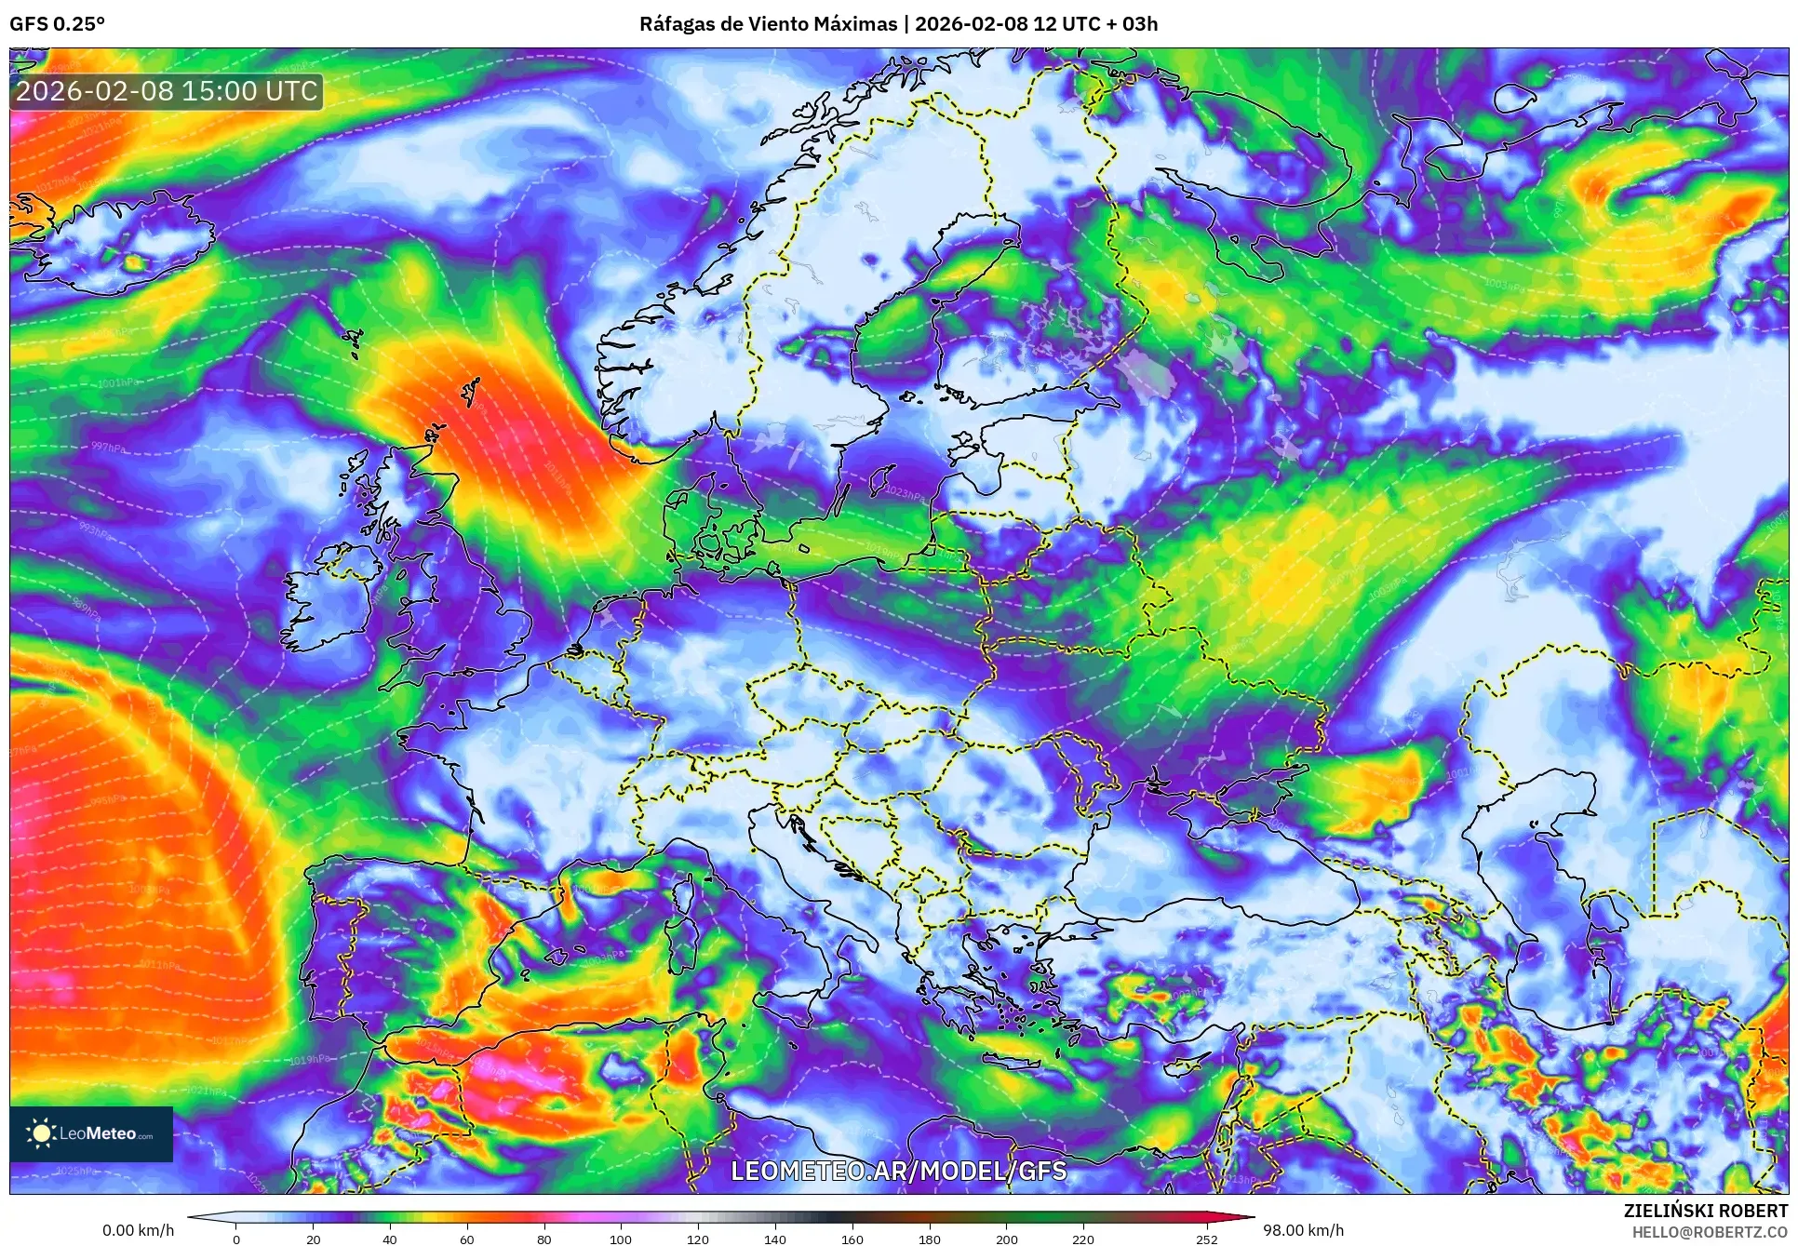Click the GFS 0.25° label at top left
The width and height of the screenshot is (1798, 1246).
point(57,24)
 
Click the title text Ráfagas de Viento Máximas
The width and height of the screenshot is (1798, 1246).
point(768,24)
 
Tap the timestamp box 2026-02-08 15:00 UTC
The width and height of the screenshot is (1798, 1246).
point(167,91)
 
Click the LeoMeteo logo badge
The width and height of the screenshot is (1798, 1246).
point(91,1133)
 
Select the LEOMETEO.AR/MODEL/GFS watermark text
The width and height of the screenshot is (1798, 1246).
point(898,1171)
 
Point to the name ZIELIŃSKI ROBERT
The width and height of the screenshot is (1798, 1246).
point(1705,1211)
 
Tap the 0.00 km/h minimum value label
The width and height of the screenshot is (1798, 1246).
point(138,1230)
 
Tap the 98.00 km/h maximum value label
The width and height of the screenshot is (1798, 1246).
point(1302,1230)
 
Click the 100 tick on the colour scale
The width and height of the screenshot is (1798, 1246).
point(621,1239)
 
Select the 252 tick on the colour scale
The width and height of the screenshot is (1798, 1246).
point(1206,1239)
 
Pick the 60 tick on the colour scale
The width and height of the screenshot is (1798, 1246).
point(467,1239)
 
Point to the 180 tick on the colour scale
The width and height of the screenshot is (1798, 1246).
point(929,1239)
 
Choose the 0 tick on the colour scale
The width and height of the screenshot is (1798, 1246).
point(236,1239)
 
